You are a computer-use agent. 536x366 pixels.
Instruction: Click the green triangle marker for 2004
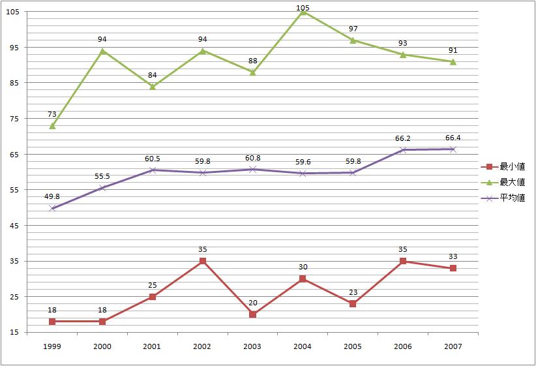click(x=303, y=12)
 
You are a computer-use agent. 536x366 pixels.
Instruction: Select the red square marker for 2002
click(x=203, y=261)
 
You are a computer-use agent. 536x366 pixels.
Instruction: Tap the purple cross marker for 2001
click(x=153, y=170)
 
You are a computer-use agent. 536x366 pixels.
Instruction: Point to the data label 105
click(x=303, y=8)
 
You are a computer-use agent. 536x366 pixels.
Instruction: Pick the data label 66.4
click(x=453, y=138)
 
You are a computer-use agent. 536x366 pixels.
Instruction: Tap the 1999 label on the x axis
click(x=52, y=346)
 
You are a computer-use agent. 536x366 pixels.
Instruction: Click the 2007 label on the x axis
click(x=453, y=346)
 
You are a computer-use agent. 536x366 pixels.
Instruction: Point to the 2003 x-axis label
click(x=252, y=346)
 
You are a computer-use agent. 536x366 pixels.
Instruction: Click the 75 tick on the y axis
click(x=14, y=119)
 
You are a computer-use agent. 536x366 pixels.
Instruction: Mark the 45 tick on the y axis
click(x=14, y=226)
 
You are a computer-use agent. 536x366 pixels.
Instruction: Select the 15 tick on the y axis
click(x=14, y=333)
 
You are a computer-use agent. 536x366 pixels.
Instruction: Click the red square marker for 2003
click(x=252, y=314)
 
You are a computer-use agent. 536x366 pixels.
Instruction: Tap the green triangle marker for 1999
click(x=52, y=125)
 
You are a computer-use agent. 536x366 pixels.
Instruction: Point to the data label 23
click(x=353, y=292)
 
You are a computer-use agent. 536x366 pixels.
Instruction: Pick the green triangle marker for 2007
click(x=453, y=61)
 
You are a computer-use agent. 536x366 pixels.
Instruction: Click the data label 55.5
click(x=102, y=176)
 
